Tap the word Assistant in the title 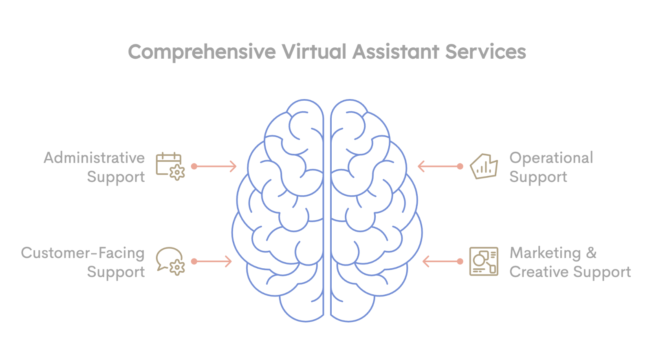click(x=396, y=52)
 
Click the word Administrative click(x=94, y=158)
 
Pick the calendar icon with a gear click(x=170, y=166)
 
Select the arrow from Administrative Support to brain click(x=214, y=166)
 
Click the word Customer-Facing click(x=83, y=253)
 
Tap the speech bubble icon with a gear click(x=170, y=261)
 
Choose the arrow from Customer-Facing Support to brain click(x=211, y=261)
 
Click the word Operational click(x=551, y=158)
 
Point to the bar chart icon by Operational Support click(x=484, y=166)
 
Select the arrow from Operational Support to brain click(x=441, y=166)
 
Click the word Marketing click(x=545, y=253)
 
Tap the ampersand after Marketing click(x=591, y=253)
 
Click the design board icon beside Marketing click(x=484, y=261)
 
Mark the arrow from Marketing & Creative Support click(x=443, y=261)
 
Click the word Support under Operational click(x=538, y=177)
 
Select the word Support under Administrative click(x=116, y=177)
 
